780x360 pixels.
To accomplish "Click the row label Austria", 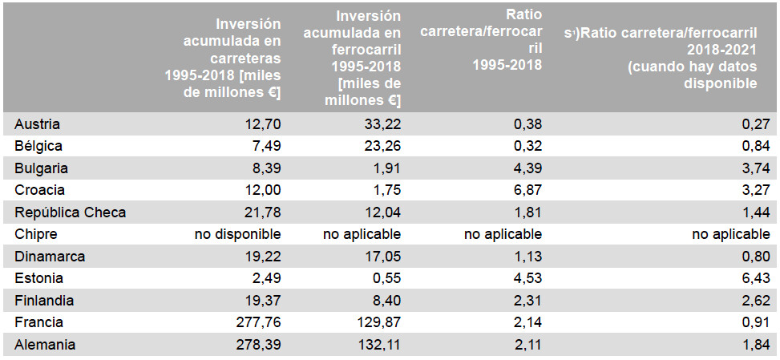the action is [x=38, y=124].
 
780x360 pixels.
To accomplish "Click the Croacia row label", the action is [x=39, y=191].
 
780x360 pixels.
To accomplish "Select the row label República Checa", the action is [x=70, y=212].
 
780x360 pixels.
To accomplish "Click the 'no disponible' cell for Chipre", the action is [x=238, y=234].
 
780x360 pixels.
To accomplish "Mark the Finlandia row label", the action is [x=44, y=301].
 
